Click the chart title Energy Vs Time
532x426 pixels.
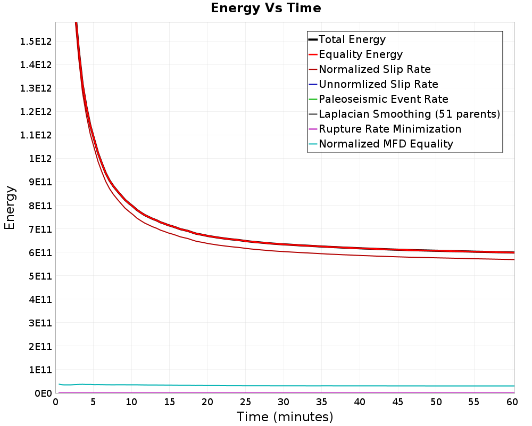[x=265, y=8]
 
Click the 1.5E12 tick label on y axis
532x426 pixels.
[x=36, y=42]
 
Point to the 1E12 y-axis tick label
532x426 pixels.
[x=40, y=159]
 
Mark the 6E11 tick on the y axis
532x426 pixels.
[x=40, y=253]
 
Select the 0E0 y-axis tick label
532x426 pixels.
[x=43, y=394]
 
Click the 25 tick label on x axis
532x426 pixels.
[x=245, y=402]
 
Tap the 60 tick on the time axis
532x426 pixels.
[x=512, y=402]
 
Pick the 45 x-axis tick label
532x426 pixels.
[x=397, y=402]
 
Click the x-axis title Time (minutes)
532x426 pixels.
[x=285, y=417]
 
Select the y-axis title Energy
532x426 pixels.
[x=10, y=208]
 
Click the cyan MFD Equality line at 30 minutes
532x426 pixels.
[x=284, y=386]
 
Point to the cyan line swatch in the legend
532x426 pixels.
[x=313, y=144]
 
